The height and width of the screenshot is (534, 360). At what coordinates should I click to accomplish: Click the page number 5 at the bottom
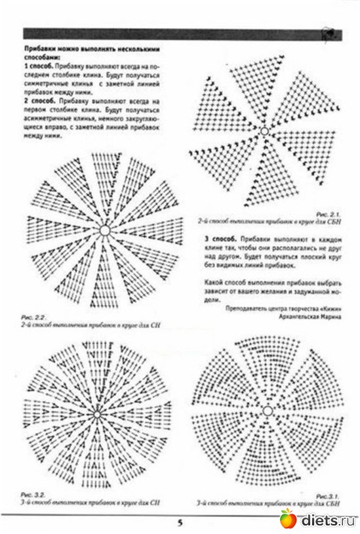click(179, 522)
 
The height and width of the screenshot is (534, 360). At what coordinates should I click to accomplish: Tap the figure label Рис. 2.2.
click(32, 316)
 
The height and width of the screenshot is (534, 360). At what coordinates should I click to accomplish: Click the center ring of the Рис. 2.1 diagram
click(265, 132)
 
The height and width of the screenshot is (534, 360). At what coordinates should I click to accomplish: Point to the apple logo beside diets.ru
click(288, 520)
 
